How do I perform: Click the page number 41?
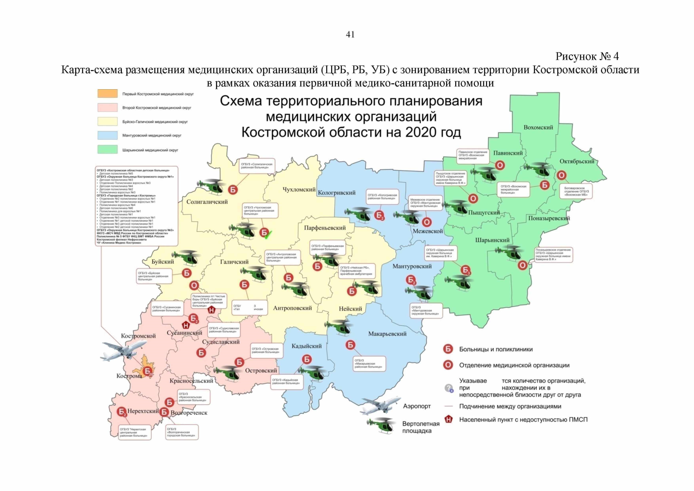[x=350, y=35]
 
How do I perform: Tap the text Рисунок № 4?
[x=587, y=56]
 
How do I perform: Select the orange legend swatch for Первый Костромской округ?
[x=107, y=94]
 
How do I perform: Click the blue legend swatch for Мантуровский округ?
[x=107, y=135]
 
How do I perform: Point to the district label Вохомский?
[x=538, y=128]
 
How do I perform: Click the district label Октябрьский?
[x=577, y=161]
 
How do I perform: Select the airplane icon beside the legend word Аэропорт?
[x=380, y=405]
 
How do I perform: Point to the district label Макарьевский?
[x=387, y=334]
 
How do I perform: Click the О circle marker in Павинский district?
[x=500, y=165]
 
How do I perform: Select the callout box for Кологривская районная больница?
[x=382, y=197]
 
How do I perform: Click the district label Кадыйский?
[x=306, y=346]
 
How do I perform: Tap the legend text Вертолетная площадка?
[x=420, y=427]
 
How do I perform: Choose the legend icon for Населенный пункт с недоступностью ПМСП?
[x=449, y=419]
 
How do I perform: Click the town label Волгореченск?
[x=189, y=413]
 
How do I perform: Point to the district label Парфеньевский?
[x=325, y=228]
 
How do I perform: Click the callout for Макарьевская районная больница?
[x=369, y=364]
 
